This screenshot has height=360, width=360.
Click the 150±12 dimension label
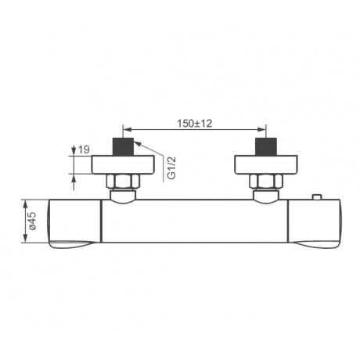tap(195, 124)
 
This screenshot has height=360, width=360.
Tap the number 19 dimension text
tap(84, 149)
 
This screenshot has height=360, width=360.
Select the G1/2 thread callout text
tap(171, 168)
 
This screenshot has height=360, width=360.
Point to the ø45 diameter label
tap(32, 221)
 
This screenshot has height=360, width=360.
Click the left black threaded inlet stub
tap(123, 147)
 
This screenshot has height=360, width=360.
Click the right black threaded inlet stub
tap(266, 147)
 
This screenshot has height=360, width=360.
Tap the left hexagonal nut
tap(123, 181)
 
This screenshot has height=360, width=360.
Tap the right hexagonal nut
tap(266, 181)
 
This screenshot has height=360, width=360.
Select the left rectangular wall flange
tap(123, 165)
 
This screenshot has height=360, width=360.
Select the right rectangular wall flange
tap(266, 165)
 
